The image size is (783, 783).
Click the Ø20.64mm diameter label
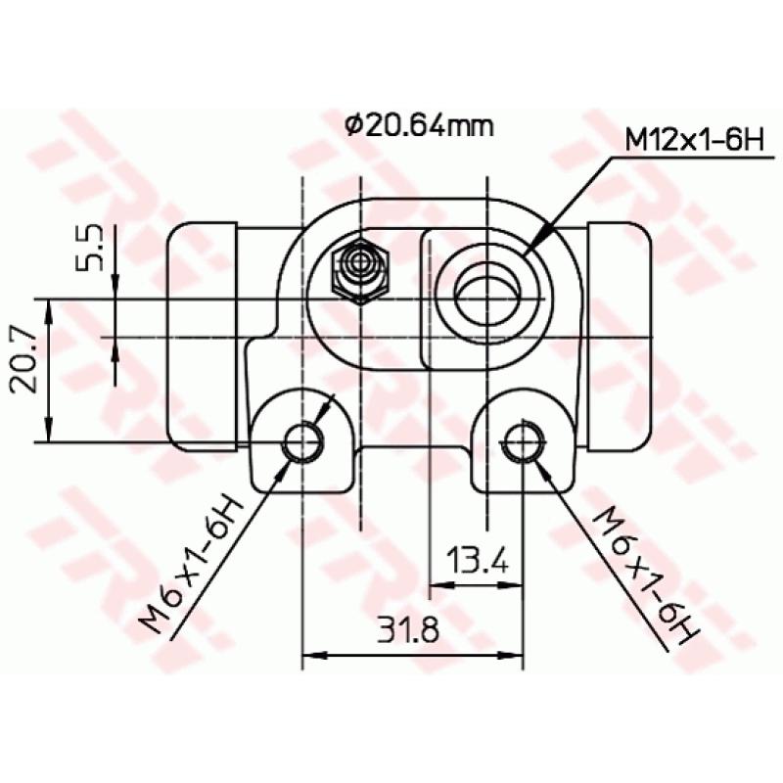point(418,125)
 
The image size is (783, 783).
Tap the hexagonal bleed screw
point(360,270)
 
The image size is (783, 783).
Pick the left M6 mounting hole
point(302,441)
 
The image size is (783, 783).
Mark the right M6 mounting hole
point(524,441)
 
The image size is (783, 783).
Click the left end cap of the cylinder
point(203,336)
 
